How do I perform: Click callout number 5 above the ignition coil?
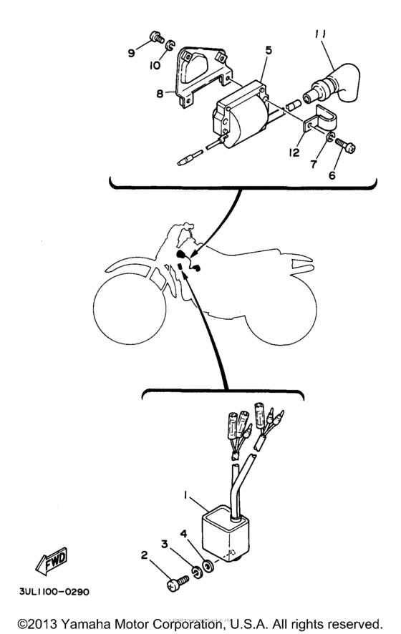pos(268,51)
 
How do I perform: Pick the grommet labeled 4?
pos(208,565)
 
